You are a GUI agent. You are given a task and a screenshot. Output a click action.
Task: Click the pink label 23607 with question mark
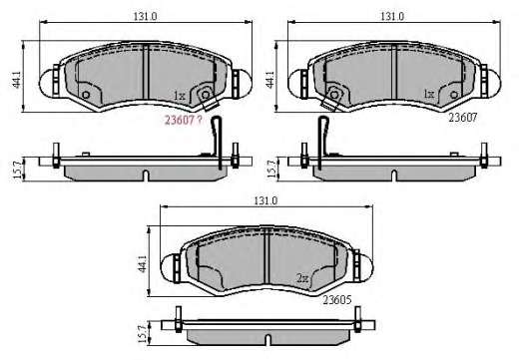pos(184,120)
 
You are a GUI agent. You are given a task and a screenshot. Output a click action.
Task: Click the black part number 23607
pos(463,118)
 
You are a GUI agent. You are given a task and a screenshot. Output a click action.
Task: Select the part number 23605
pos(337,300)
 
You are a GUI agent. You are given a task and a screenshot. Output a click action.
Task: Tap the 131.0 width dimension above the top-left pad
pos(145,16)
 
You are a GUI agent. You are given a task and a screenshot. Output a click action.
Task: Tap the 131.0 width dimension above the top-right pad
pos(392,16)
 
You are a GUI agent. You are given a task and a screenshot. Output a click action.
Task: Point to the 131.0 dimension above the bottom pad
pos(265,200)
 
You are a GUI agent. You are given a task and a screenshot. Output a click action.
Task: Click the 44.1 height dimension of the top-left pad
pos(17,80)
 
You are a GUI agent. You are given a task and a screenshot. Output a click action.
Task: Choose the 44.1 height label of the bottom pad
pos(143,264)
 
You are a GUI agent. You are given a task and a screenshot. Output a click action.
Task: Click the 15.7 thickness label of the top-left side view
pos(18,170)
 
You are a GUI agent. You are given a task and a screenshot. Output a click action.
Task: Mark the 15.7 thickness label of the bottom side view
pos(143,334)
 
